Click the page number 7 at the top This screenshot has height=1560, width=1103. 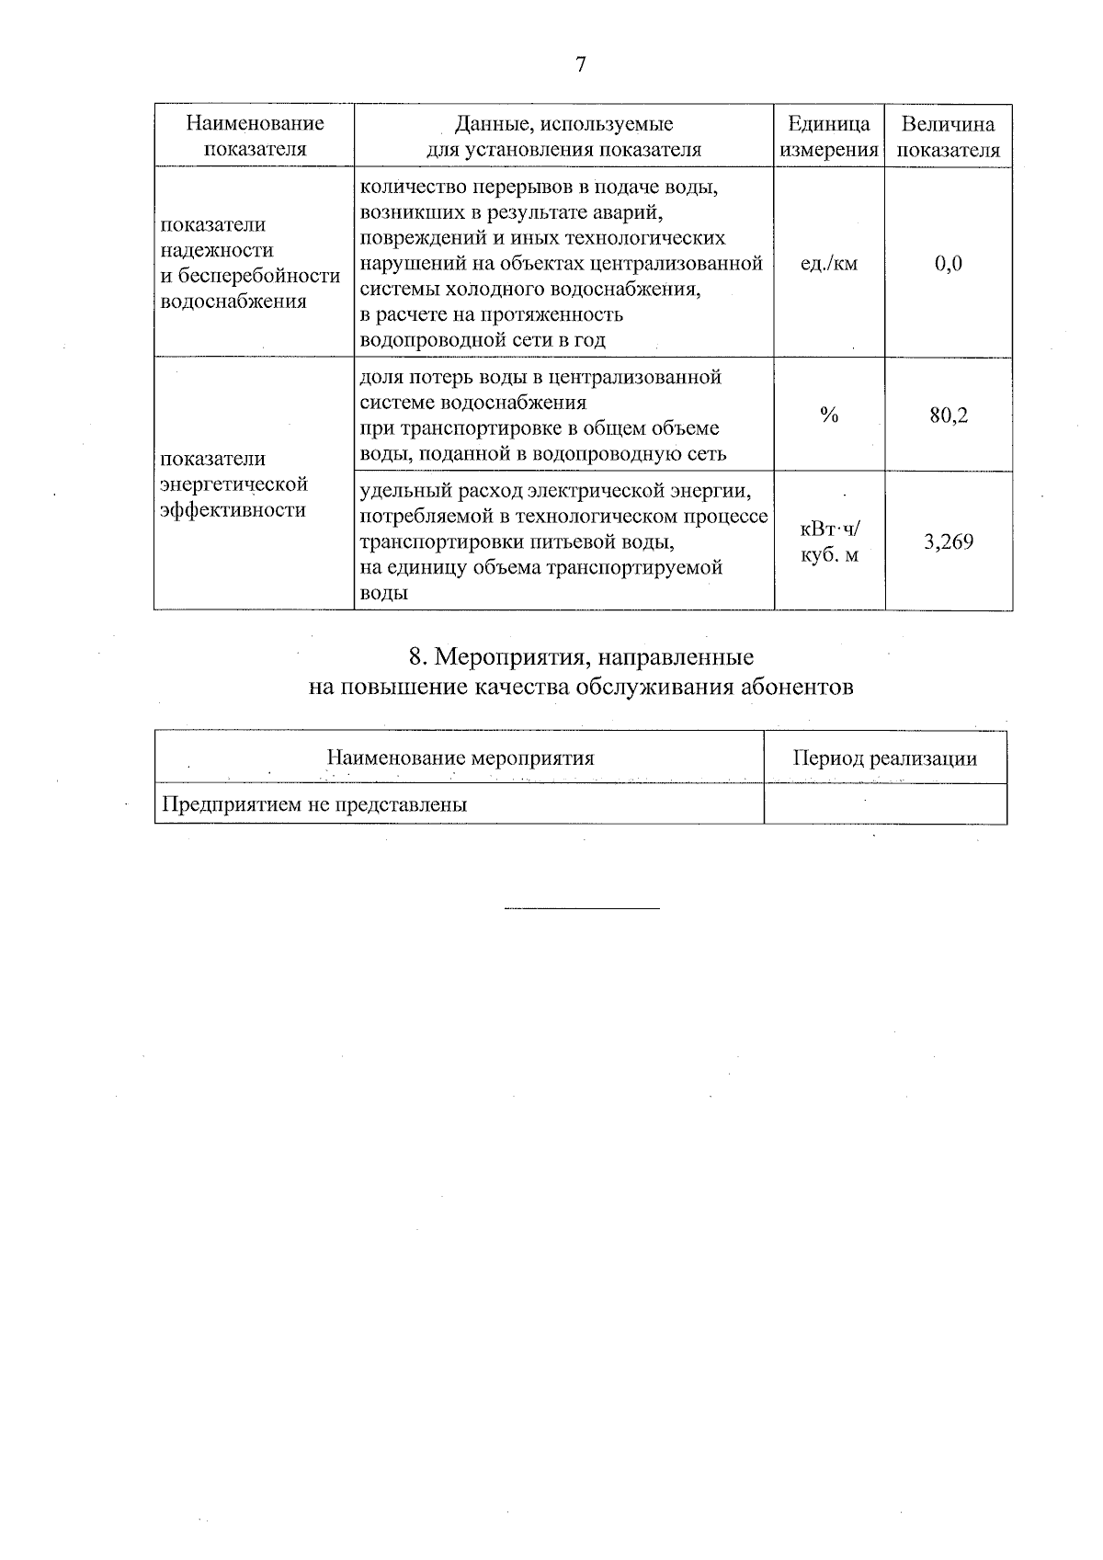(580, 64)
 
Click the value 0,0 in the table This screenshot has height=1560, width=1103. (948, 264)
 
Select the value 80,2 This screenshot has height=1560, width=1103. (949, 416)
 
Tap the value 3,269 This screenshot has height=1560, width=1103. (948, 541)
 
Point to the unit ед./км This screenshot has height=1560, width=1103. (829, 264)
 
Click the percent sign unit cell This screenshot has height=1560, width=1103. (829, 416)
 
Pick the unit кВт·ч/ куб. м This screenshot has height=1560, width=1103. (829, 541)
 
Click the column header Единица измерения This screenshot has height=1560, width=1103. (829, 136)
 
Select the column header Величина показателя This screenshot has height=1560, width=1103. (948, 136)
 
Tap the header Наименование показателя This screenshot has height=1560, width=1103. (255, 136)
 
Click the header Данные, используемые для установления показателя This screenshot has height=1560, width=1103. (564, 136)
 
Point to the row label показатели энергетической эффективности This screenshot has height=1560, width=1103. (233, 484)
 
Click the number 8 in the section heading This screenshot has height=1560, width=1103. (415, 657)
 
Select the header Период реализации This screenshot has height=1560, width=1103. (884, 758)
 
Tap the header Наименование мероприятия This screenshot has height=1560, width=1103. (460, 758)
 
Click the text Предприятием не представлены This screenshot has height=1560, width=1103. (314, 805)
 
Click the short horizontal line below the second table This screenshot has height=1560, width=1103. (582, 909)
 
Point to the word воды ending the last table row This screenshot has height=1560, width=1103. (383, 594)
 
